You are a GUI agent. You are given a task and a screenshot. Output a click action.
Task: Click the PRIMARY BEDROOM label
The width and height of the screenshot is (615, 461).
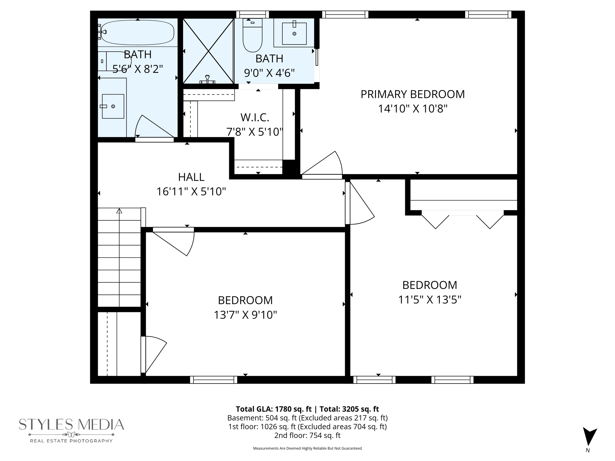coord(412,94)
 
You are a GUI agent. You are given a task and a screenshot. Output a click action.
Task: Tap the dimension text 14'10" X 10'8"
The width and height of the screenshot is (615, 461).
coord(412,109)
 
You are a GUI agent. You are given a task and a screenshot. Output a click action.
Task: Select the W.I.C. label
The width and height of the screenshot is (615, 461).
coord(255,117)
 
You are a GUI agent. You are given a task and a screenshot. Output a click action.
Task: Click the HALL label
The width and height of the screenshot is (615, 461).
coord(191,177)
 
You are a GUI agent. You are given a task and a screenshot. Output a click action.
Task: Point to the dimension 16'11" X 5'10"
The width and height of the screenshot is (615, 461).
coord(191,191)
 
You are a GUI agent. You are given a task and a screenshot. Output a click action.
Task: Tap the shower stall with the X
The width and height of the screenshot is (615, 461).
coord(208,51)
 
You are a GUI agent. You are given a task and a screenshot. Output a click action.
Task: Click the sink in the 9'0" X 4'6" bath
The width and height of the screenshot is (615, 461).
coord(294,34)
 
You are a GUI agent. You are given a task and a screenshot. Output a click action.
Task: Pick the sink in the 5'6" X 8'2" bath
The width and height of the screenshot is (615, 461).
coord(113,106)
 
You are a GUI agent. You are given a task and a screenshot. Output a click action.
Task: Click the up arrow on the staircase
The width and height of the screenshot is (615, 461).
coord(119,211)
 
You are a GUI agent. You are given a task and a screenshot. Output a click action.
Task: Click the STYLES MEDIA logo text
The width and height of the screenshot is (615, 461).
coord(71,424)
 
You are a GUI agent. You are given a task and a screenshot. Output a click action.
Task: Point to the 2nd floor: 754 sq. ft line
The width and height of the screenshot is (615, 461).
coord(307,435)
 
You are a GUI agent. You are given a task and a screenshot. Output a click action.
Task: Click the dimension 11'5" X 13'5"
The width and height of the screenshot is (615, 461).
coord(429,300)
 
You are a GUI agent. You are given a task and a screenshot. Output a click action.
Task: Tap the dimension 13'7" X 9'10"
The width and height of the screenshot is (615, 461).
coord(245,315)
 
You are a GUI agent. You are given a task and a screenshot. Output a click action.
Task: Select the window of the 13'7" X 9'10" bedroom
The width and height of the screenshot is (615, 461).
coord(214,380)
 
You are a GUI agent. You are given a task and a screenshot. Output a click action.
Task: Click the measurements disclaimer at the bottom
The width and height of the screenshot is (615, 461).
coord(307,448)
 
